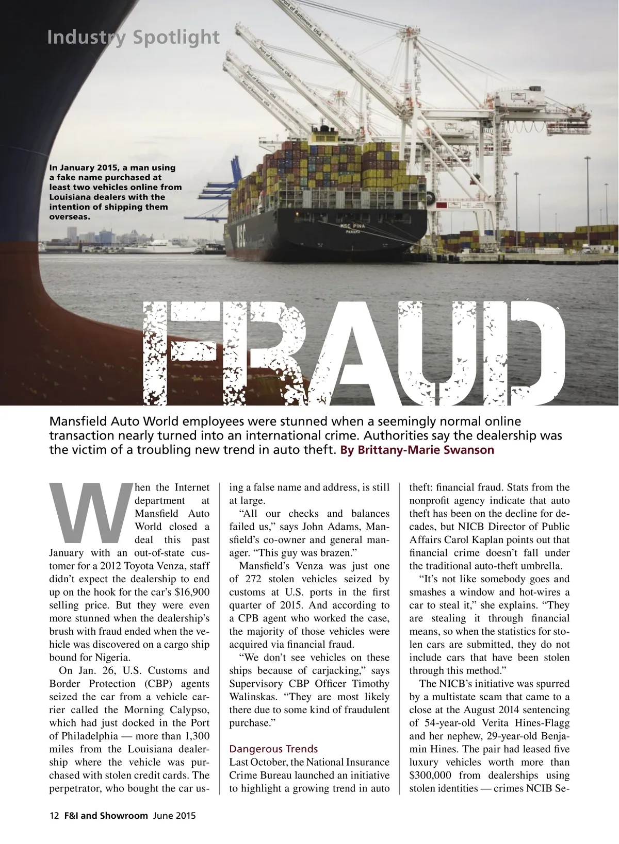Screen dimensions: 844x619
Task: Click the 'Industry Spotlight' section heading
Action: click(133, 38)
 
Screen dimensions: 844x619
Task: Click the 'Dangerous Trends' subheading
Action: click(273, 749)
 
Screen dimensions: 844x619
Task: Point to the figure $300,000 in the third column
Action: click(432, 775)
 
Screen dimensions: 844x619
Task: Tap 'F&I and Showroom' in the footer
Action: click(106, 816)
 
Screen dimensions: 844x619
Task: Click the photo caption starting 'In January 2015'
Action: click(116, 192)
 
